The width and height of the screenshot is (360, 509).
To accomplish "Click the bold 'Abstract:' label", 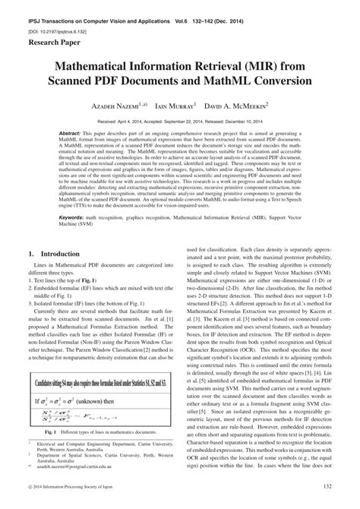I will pyautogui.click(x=71, y=134).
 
